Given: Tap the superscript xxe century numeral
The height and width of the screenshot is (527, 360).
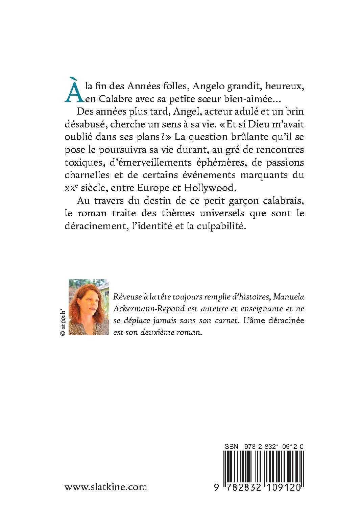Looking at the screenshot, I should tap(70, 188).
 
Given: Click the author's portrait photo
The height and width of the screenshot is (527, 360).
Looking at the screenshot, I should tap(89, 307).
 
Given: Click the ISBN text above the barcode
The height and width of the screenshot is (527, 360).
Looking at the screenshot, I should tap(263, 447).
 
